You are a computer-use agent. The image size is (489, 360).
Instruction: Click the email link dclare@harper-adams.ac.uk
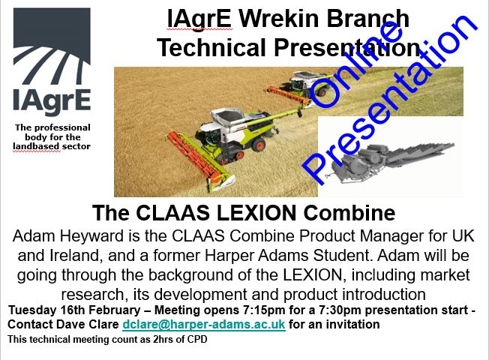click(x=204, y=324)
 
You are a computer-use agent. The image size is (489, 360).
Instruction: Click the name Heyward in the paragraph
click(x=92, y=236)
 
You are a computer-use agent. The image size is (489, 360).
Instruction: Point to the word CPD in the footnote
click(x=197, y=339)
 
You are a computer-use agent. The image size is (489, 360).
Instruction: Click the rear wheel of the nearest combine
click(x=259, y=145)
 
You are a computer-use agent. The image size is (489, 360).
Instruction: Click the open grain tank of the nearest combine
click(x=228, y=117)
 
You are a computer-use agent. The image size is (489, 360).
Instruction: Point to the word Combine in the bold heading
click(x=349, y=213)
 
